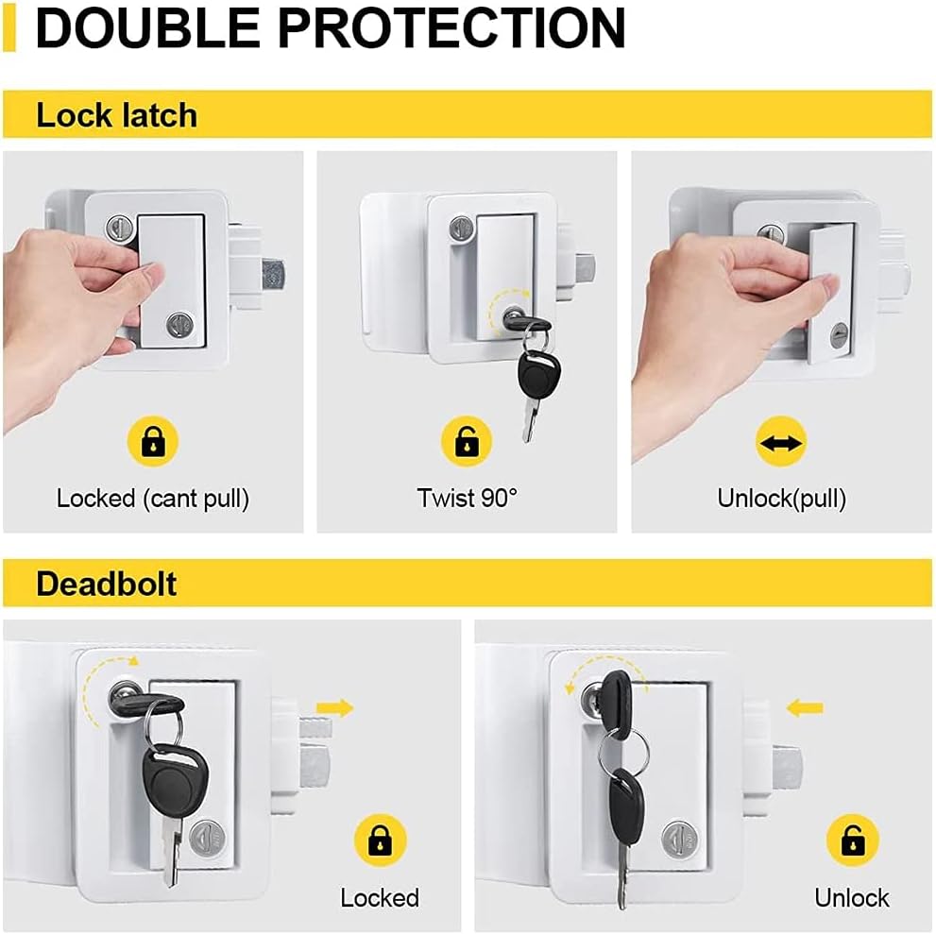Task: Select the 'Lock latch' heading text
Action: pyautogui.click(x=116, y=115)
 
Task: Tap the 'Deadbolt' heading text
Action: pyautogui.click(x=106, y=584)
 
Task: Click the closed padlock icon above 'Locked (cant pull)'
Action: pyautogui.click(x=152, y=441)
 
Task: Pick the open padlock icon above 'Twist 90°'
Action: pyautogui.click(x=467, y=441)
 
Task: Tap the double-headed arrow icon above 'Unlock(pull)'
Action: pyautogui.click(x=781, y=441)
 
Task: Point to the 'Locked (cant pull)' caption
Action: pyautogui.click(x=153, y=498)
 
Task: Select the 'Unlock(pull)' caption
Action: pyautogui.click(x=781, y=498)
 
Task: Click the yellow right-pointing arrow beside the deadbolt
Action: pyautogui.click(x=334, y=707)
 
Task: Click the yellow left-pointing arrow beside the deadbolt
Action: pyautogui.click(x=805, y=706)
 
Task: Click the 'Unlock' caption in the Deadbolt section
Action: pyautogui.click(x=852, y=896)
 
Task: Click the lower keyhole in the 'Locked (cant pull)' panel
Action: pyautogui.click(x=178, y=324)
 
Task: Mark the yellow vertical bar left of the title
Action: pyautogui.click(x=9, y=26)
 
